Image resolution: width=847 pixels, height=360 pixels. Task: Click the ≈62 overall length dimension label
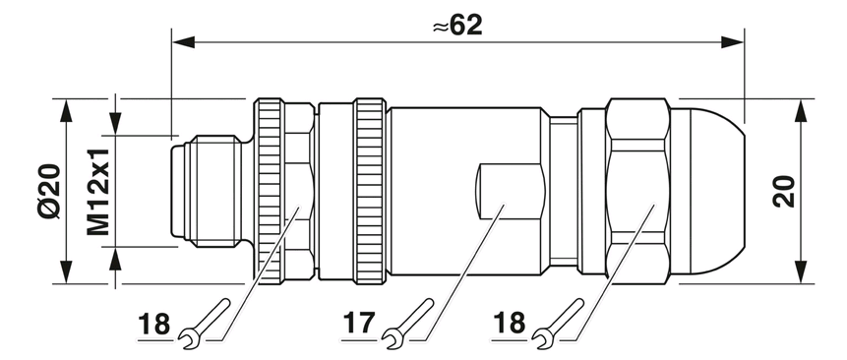(457, 26)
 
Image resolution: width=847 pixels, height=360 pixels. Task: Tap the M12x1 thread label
(98, 192)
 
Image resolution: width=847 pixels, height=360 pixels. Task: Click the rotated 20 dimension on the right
(784, 192)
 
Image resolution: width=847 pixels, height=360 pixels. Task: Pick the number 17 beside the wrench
(358, 324)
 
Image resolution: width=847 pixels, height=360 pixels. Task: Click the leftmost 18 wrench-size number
(153, 325)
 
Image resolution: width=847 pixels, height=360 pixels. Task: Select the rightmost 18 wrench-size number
(509, 324)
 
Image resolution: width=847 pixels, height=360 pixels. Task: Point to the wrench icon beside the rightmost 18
(557, 320)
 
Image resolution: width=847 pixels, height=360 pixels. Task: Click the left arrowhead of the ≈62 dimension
(183, 42)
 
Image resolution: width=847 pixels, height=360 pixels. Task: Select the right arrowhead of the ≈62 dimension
(733, 42)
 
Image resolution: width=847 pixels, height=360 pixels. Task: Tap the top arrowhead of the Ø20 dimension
(66, 110)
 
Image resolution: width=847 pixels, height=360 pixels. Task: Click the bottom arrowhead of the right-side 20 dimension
(801, 271)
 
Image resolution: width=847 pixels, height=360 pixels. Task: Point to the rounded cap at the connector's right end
(707, 191)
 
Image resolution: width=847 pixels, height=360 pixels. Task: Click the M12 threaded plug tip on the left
(206, 191)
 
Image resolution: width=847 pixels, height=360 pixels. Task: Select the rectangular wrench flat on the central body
(510, 191)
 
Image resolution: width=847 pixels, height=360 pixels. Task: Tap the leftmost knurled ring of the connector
(269, 191)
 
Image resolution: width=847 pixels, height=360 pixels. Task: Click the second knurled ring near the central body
(370, 191)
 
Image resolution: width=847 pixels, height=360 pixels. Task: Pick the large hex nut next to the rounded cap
(637, 191)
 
